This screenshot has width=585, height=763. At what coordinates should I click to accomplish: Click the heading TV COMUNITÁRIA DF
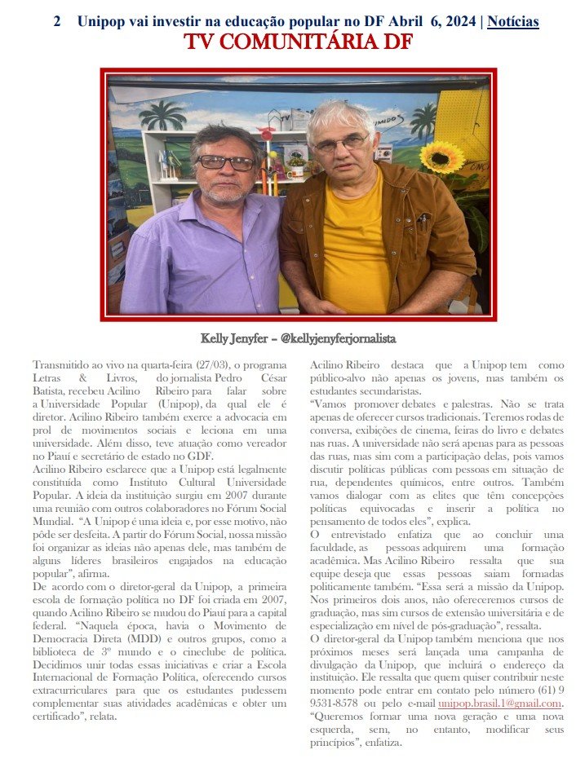click(x=297, y=42)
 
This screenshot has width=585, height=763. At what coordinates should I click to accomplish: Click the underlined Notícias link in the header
click(x=512, y=21)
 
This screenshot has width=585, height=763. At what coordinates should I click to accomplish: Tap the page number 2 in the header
click(x=56, y=21)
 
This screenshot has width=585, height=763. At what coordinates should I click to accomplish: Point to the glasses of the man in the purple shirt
click(x=226, y=162)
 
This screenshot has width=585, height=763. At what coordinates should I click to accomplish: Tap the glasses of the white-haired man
click(x=339, y=144)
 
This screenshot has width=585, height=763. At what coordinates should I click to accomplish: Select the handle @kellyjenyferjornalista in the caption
click(x=338, y=337)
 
